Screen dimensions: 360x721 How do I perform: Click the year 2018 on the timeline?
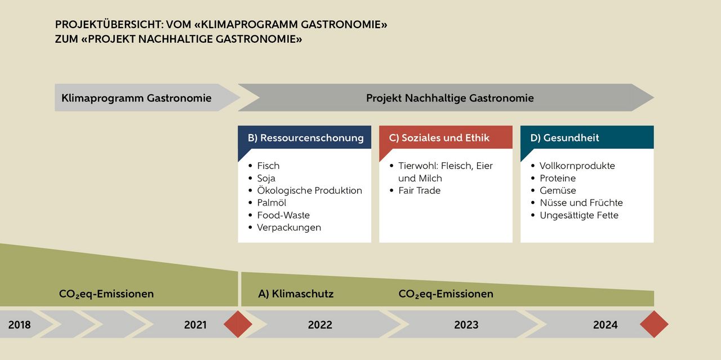(x=20, y=325)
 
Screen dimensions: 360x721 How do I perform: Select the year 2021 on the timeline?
(x=195, y=325)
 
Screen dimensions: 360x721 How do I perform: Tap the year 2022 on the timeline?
(x=320, y=325)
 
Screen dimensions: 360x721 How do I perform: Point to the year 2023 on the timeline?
(x=466, y=325)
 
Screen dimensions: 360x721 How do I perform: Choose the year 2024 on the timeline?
(x=605, y=325)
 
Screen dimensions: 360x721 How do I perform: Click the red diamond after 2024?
(x=654, y=324)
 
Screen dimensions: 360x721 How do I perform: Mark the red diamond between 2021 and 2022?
(x=238, y=324)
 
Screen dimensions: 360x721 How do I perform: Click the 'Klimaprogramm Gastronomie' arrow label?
(x=136, y=98)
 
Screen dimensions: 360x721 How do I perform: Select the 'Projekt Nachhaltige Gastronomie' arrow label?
(x=449, y=98)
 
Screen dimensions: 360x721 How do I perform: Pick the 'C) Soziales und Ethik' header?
(x=439, y=137)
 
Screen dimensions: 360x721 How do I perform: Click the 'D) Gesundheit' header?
(x=564, y=137)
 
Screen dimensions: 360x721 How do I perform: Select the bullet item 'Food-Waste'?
(x=283, y=215)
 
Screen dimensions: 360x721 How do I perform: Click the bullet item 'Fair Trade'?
(x=419, y=190)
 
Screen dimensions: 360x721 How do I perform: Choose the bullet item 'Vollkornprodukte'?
(x=577, y=166)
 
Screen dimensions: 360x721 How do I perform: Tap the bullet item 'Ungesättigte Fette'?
(x=578, y=215)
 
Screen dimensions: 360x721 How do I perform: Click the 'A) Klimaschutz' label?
(x=296, y=294)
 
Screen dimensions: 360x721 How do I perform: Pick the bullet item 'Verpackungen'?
(x=289, y=228)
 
